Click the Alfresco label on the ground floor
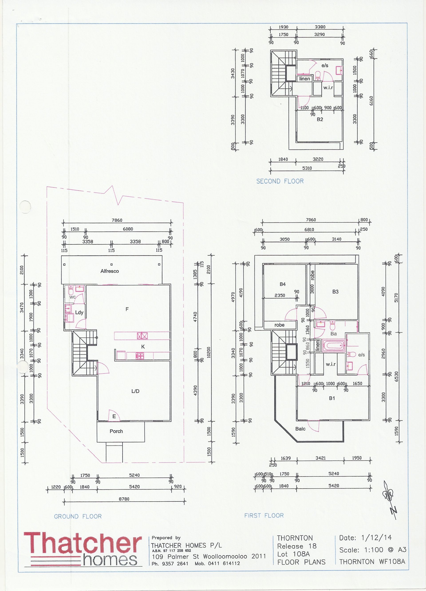110,271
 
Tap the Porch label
116,431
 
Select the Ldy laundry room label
79,312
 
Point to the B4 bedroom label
283,284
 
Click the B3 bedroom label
335,292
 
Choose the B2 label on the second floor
320,119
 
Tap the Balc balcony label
300,429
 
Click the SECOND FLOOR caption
280,181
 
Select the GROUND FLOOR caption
78,516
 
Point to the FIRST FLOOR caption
264,515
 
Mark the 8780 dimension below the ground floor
124,499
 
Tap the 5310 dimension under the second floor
307,168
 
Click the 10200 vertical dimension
209,353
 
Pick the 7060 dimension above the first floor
311,220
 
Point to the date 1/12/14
377,537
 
